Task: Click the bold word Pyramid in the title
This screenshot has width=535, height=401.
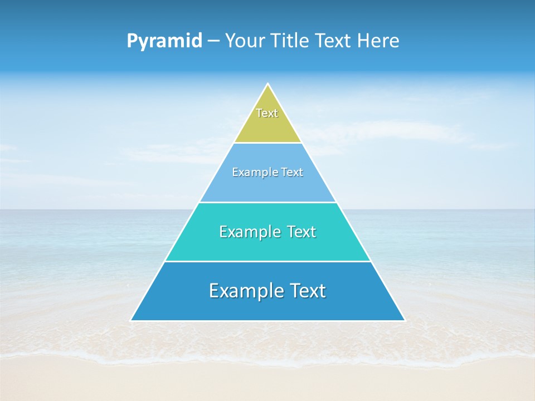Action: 164,41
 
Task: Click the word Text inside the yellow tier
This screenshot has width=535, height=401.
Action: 267,113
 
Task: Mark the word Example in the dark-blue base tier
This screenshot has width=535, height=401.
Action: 240,291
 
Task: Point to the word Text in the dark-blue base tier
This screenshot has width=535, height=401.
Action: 305,291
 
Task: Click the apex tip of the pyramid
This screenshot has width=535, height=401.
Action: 267,84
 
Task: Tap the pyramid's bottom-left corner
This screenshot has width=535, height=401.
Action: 132,320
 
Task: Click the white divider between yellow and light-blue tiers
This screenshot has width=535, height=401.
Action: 267,143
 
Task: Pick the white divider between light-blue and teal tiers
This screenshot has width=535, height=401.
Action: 267,202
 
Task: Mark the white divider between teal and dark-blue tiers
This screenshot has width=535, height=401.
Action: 267,261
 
